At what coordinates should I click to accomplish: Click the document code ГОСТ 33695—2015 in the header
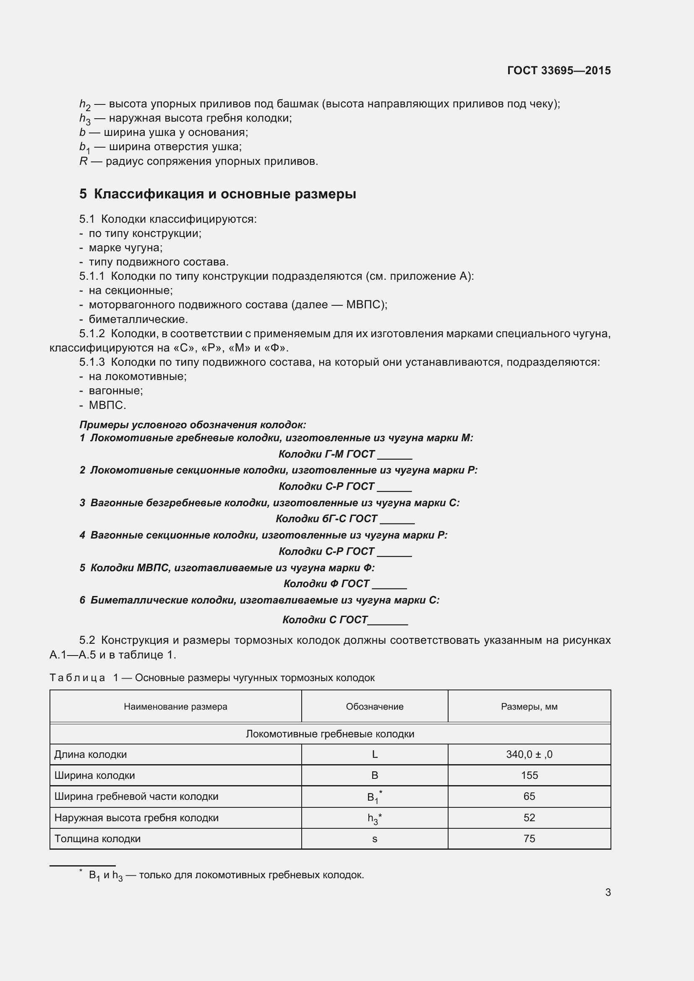(558, 70)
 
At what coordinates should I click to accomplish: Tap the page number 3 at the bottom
(608, 892)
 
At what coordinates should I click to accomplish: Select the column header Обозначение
(374, 707)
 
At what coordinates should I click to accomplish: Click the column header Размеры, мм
(529, 707)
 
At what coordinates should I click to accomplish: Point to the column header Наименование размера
(175, 707)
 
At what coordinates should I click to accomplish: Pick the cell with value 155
(529, 775)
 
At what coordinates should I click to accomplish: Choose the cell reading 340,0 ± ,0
(529, 754)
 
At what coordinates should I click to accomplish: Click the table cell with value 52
(529, 817)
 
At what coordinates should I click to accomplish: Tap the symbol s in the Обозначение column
(374, 839)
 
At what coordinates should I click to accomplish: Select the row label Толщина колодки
(97, 839)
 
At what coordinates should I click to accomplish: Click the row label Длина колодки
(91, 754)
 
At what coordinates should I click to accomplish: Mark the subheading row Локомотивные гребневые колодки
(330, 734)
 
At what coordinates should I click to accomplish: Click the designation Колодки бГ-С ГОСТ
(326, 519)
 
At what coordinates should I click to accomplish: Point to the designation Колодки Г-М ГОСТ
(326, 454)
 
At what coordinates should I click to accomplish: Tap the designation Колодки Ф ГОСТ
(326, 584)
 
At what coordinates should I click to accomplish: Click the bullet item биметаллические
(138, 319)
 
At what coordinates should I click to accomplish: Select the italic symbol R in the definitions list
(83, 161)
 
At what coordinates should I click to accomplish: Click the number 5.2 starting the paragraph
(87, 640)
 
